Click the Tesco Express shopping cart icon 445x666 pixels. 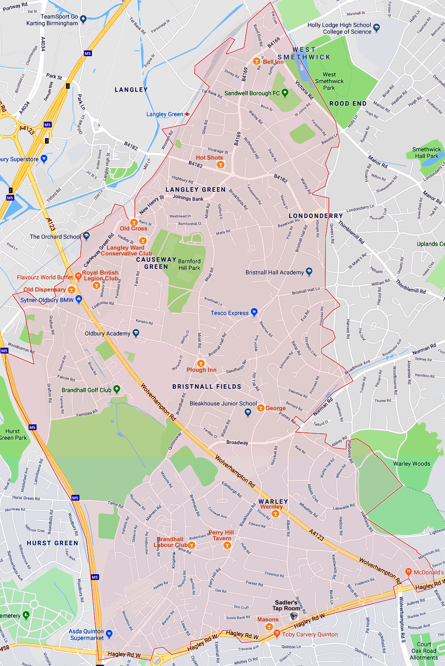point(254,312)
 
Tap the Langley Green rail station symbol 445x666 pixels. point(187,114)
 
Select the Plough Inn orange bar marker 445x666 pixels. point(201,363)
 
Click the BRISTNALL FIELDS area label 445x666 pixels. point(207,386)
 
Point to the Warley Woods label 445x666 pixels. point(412,464)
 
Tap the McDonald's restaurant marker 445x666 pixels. point(408,571)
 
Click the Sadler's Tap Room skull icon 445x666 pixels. point(294,617)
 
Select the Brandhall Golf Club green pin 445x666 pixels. point(116,389)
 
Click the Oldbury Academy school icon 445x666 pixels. point(136,333)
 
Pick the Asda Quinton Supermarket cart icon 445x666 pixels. point(109,634)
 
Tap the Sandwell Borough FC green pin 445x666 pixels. point(285,93)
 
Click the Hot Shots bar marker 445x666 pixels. point(220,164)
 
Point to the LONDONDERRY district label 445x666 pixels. point(316,216)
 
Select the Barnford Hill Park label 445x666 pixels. point(189,264)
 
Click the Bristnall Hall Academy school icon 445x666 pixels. point(309,272)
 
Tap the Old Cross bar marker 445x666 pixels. point(133,222)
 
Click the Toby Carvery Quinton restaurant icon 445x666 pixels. point(277,633)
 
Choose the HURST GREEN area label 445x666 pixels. point(52,543)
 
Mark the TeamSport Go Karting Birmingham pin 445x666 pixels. point(83,19)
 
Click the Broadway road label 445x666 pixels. point(237,443)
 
